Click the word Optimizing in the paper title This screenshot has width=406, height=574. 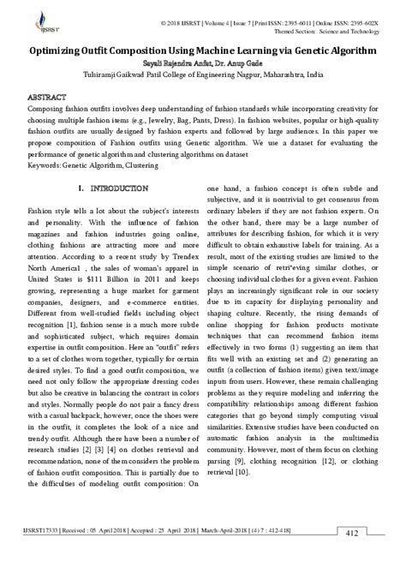[x=69, y=51]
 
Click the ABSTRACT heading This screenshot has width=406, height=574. [x=49, y=98]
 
